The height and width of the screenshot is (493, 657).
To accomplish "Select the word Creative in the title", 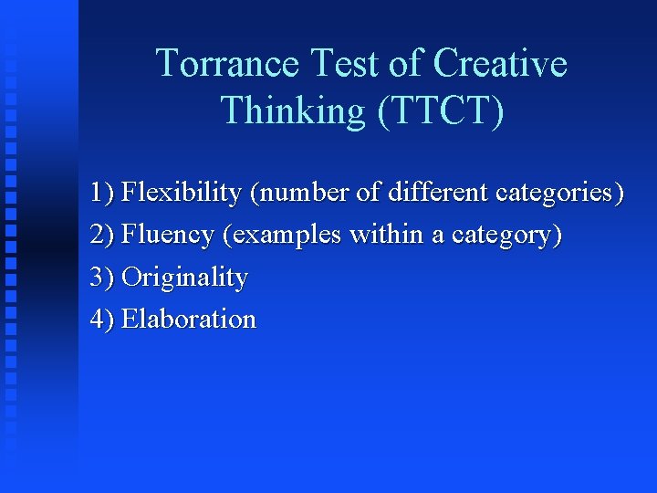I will [x=499, y=64].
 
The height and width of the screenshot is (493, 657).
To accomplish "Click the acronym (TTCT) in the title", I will [x=437, y=110].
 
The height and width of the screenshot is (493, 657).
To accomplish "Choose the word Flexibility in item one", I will [x=182, y=194].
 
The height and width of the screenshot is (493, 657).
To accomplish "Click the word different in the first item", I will [x=438, y=194].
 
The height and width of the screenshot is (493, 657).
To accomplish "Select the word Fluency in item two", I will [x=168, y=236].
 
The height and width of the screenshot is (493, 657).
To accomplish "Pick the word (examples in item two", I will [x=282, y=236].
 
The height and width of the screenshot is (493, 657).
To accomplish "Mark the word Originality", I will [x=184, y=278].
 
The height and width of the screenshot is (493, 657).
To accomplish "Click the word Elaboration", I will [x=189, y=320].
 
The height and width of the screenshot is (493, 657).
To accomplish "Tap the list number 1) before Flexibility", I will [x=102, y=194].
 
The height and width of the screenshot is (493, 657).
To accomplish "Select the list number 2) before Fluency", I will [x=102, y=236].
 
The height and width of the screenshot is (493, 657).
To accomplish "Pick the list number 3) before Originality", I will [x=102, y=278].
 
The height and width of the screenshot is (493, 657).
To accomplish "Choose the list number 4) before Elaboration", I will [x=102, y=320].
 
